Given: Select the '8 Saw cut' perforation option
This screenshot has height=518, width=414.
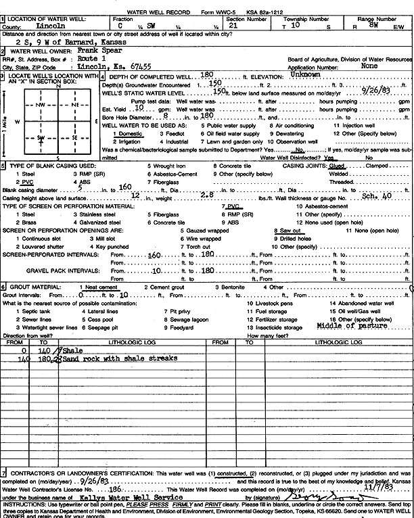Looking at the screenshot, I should click(x=287, y=231).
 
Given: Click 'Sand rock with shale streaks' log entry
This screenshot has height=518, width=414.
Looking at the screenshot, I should click(x=120, y=358).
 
